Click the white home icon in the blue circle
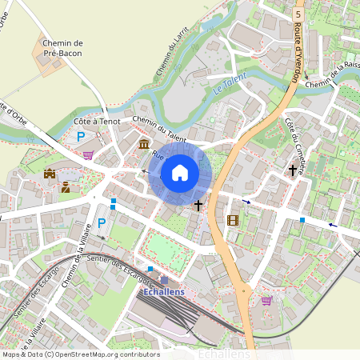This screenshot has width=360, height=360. (x=180, y=173)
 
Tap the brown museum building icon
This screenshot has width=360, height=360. (x=143, y=144)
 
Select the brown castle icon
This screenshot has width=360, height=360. (x=50, y=173)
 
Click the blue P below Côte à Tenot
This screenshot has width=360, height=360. (x=81, y=138)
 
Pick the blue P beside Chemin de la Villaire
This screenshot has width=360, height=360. (x=101, y=222)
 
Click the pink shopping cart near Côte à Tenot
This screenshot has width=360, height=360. (x=88, y=154)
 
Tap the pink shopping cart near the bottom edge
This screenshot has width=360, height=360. (x=266, y=301)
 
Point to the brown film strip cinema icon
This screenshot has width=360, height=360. (x=233, y=220)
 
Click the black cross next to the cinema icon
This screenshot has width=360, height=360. (x=198, y=206)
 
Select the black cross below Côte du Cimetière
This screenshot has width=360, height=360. (x=293, y=170)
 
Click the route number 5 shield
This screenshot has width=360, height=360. (x=298, y=14)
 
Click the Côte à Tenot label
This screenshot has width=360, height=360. (x=97, y=121)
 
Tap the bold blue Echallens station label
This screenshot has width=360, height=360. (x=163, y=293)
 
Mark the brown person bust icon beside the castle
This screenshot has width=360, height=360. (x=66, y=187)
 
